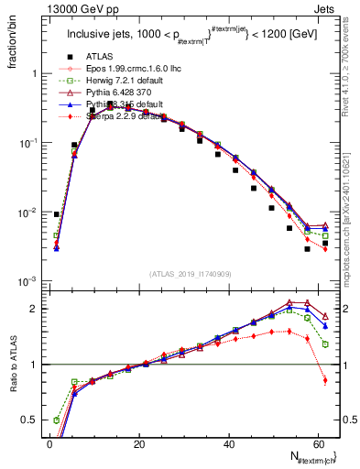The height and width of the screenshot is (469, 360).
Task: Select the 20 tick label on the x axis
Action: tap(139, 443)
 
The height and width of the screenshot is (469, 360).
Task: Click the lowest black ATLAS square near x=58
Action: tap(309, 248)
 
